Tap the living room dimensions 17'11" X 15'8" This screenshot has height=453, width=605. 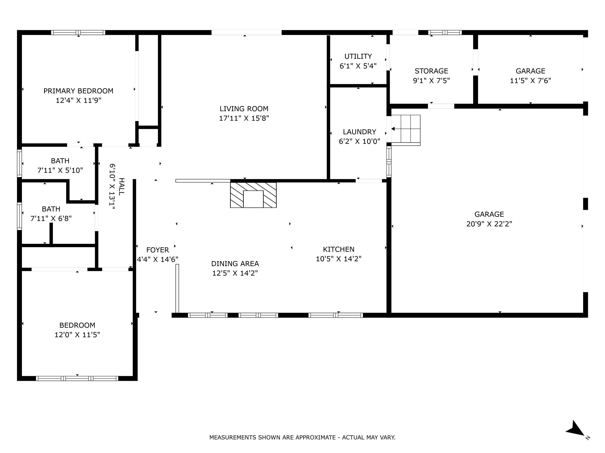[244, 118]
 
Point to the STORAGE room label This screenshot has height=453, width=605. [431, 71]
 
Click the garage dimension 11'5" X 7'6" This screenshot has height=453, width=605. [530, 81]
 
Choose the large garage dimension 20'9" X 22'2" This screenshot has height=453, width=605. [489, 224]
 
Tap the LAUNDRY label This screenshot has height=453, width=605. [359, 132]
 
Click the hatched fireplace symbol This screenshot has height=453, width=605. [253, 195]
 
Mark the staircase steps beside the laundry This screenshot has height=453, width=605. [406, 130]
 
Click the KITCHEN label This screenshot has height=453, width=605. [339, 249]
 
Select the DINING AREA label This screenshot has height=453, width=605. [235, 264]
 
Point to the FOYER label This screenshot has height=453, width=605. [158, 250]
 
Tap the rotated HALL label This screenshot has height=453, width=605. [121, 186]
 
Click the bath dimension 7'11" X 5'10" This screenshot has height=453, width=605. [60, 170]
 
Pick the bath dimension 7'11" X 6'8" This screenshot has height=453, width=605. [51, 218]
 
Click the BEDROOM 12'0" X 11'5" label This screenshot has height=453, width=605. [77, 325]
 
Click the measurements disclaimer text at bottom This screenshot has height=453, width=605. [302, 437]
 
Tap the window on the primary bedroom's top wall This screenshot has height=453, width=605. [78, 32]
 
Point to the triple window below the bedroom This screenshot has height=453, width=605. [77, 379]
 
